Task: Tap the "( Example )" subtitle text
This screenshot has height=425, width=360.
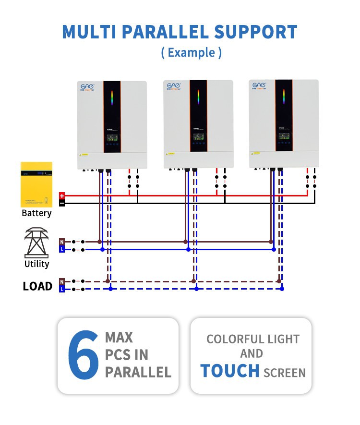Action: coord(192,52)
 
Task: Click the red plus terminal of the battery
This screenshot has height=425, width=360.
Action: coord(62,195)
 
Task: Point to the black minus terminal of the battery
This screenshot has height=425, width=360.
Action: coord(62,203)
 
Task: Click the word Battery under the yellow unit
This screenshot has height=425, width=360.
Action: coord(36,213)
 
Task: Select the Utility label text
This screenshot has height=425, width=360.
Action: coord(36,264)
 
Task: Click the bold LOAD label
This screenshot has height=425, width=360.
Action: coord(37,286)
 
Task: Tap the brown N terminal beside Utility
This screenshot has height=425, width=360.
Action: coord(62,242)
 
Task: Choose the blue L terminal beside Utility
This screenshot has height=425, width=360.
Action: coord(62,249)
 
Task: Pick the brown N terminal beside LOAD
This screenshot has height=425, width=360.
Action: coord(62,281)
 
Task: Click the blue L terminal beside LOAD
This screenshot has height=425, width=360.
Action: coord(62,289)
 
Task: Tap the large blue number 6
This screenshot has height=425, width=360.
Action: coord(83,355)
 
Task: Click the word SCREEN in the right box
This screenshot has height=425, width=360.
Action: coord(285,373)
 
